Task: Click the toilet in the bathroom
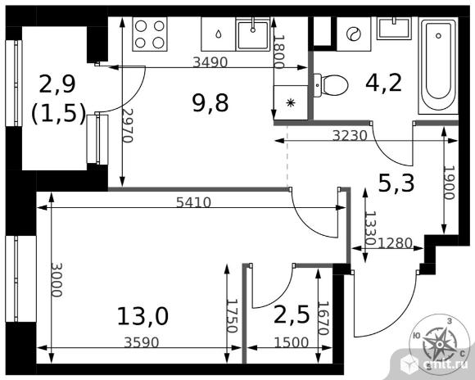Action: (x=330, y=85)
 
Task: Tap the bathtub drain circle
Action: (x=438, y=36)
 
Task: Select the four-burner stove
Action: (x=150, y=34)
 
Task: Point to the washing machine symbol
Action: (x=354, y=34)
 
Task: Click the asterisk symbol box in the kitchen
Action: (x=291, y=102)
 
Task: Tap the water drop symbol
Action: (x=219, y=34)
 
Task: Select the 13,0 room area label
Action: (x=142, y=316)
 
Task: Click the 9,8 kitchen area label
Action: (x=210, y=103)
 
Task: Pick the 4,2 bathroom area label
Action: (x=383, y=83)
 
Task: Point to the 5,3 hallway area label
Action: (x=396, y=183)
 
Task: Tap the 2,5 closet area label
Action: (x=292, y=315)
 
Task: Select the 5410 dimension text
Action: (x=193, y=202)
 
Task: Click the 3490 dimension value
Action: (x=210, y=62)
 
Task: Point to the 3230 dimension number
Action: (x=350, y=136)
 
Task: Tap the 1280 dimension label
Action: (x=396, y=243)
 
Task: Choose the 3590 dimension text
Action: (x=142, y=342)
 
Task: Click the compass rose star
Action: (x=439, y=343)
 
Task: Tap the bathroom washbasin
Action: (x=394, y=28)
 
